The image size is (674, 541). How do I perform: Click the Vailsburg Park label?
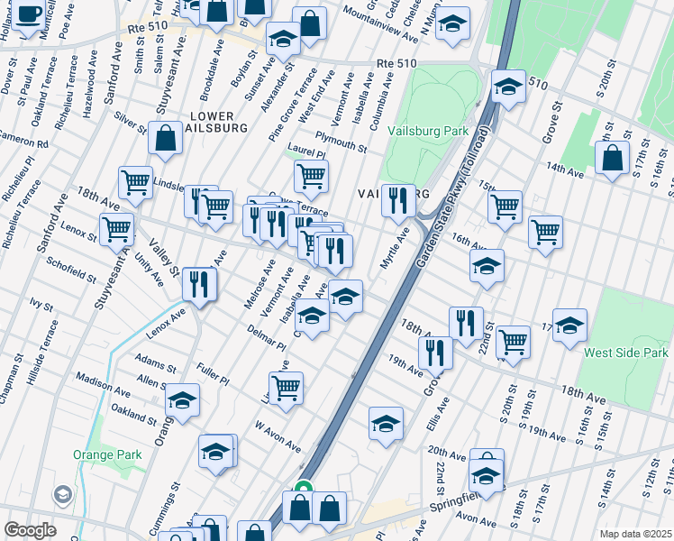pyautogui.click(x=428, y=131)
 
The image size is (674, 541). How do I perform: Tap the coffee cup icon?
pyautogui.click(x=28, y=14)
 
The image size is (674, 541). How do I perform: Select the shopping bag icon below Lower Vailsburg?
pyautogui.click(x=166, y=139)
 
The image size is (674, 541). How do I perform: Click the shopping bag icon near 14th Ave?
pyautogui.click(x=612, y=158)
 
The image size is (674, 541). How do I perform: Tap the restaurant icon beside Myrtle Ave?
pyautogui.click(x=398, y=199)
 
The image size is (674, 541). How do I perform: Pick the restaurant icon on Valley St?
pyautogui.click(x=199, y=283)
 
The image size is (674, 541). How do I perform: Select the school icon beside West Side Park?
pyautogui.click(x=569, y=326)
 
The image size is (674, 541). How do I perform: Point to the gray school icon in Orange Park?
pyautogui.click(x=63, y=494)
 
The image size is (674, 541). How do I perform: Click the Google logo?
pyautogui.click(x=30, y=530)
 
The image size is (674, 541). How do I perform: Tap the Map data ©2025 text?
pyautogui.click(x=634, y=534)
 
